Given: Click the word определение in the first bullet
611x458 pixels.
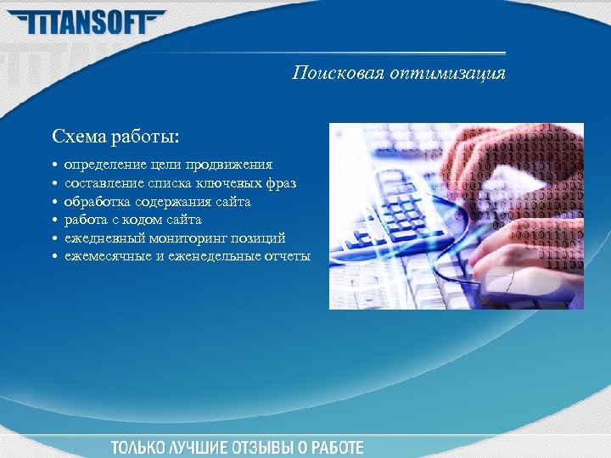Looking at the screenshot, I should (100, 164).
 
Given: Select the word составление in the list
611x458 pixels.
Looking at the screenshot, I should (102, 182).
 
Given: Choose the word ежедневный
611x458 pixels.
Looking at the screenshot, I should (100, 237).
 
